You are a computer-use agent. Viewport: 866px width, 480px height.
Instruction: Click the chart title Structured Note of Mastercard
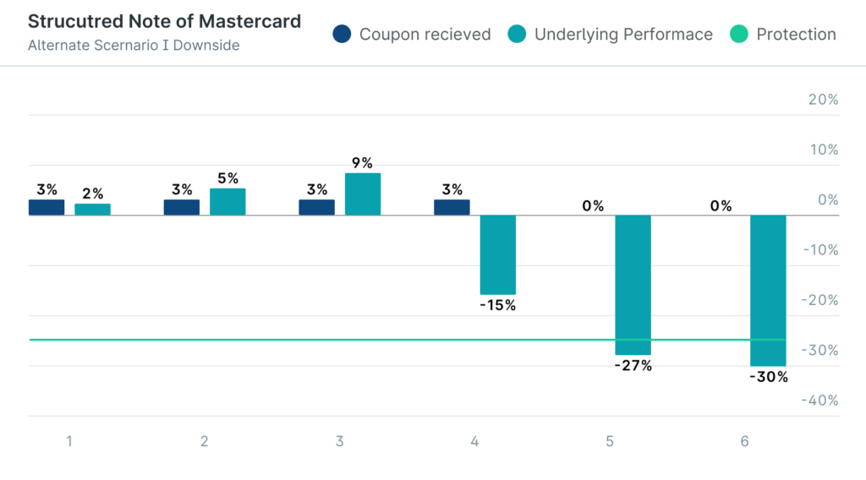click(x=164, y=21)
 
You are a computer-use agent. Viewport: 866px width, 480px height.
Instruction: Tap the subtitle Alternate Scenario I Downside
click(x=133, y=45)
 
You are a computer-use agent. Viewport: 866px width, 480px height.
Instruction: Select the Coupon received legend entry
click(x=413, y=35)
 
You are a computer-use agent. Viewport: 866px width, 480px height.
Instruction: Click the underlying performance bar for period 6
click(x=768, y=291)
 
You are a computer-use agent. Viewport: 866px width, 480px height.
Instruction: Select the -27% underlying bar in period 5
click(x=633, y=285)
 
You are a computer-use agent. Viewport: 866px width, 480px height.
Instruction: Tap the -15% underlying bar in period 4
click(x=497, y=254)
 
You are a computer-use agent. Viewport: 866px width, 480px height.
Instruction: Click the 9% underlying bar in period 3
click(x=363, y=194)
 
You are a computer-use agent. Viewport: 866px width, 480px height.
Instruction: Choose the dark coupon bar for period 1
click(x=47, y=207)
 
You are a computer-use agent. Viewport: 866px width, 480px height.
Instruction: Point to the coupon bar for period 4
click(x=452, y=207)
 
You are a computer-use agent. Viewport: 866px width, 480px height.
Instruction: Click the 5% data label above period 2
click(x=227, y=178)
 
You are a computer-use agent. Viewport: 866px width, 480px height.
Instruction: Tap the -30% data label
click(x=768, y=377)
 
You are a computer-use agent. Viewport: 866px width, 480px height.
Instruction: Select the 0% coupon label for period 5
click(x=593, y=205)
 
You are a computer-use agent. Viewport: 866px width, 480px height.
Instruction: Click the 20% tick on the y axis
click(x=823, y=100)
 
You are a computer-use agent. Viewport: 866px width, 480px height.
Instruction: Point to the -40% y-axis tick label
click(x=820, y=401)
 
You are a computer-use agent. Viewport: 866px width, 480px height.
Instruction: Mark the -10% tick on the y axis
click(x=820, y=250)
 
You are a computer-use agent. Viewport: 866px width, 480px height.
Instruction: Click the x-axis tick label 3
click(x=339, y=441)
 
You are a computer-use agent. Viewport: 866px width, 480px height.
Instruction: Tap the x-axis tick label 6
click(x=744, y=441)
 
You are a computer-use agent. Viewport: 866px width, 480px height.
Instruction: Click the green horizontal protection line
click(x=254, y=340)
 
